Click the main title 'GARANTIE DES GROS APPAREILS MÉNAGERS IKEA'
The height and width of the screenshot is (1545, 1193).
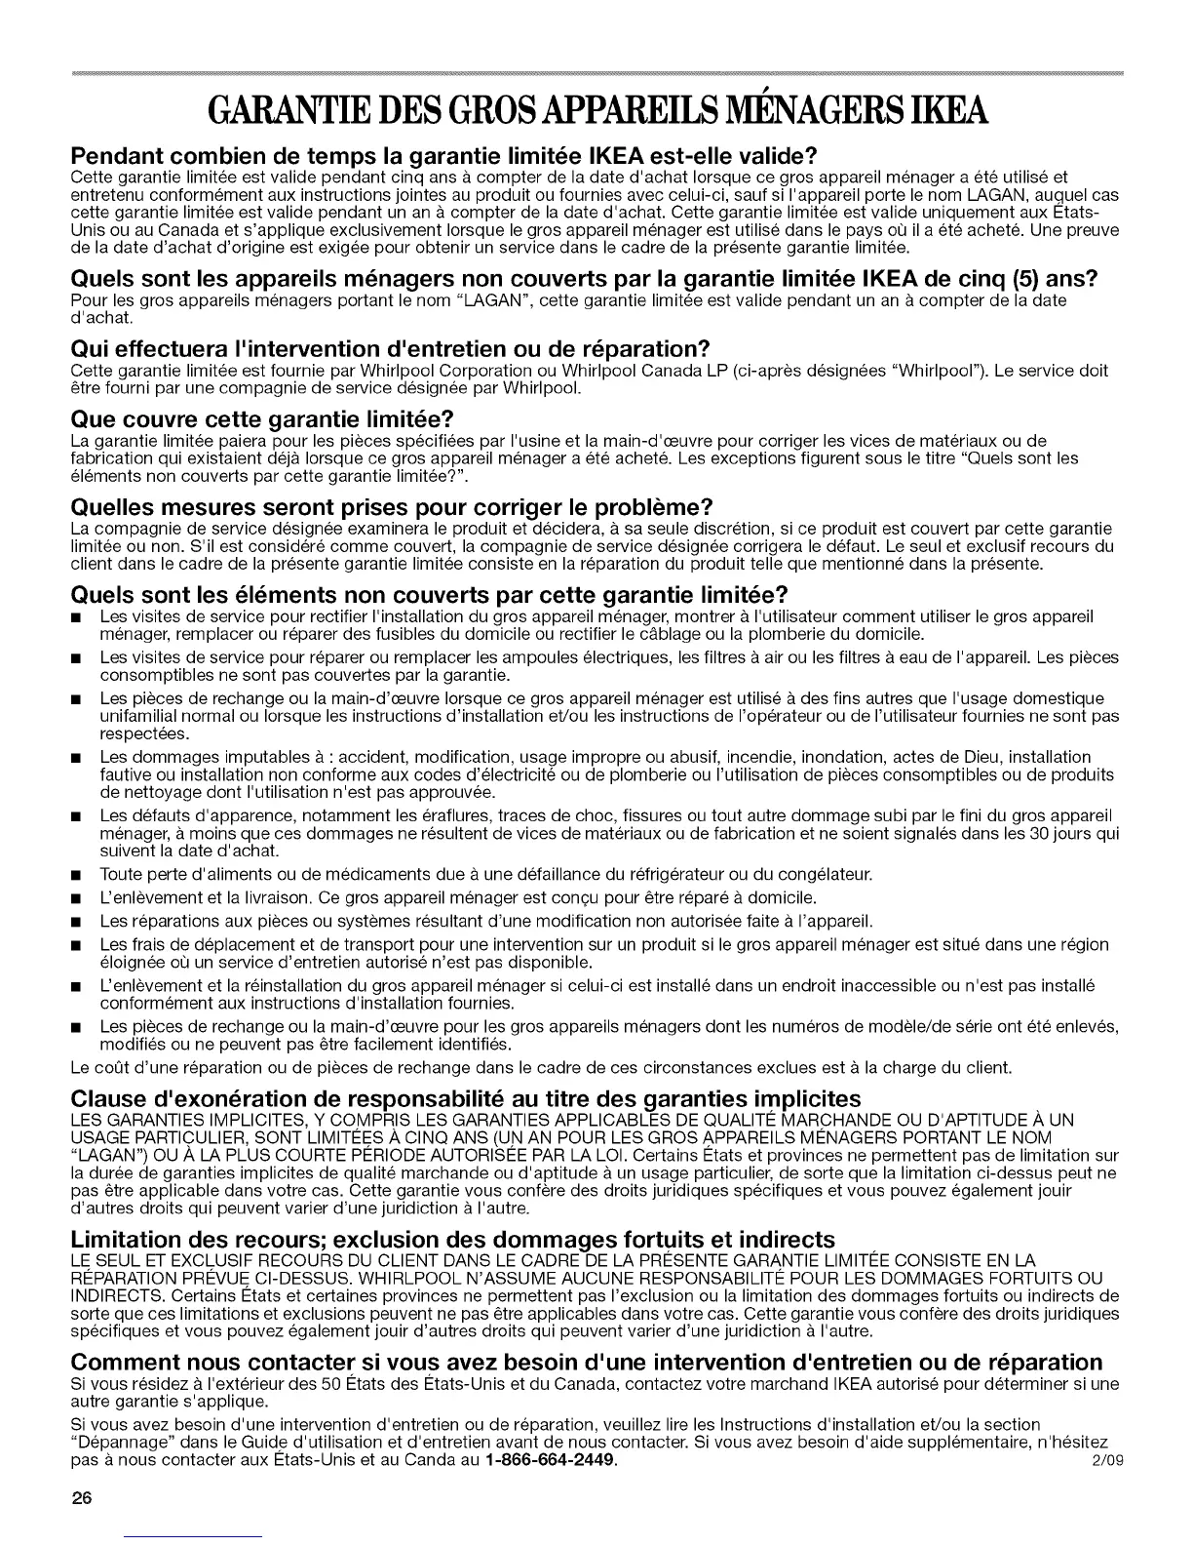tap(596, 115)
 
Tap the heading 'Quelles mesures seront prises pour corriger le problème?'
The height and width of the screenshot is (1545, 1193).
tap(394, 507)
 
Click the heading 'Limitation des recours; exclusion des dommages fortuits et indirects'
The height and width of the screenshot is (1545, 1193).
tap(453, 1239)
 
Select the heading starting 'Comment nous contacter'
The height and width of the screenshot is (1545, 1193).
tap(588, 1362)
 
